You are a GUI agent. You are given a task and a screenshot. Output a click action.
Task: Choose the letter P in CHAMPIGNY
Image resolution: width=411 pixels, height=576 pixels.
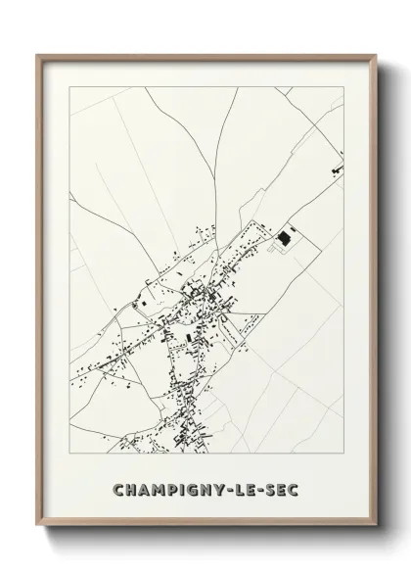[169, 486]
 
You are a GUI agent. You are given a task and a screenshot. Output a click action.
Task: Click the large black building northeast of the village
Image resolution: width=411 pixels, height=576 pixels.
[286, 236]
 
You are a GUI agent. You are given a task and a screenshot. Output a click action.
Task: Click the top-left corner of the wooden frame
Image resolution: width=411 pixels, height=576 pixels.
[37, 54]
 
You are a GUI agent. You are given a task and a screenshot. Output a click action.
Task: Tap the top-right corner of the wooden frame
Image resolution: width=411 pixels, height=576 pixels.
[373, 54]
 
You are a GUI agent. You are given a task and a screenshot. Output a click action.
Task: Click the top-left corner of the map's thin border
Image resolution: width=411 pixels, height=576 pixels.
[68, 85]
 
